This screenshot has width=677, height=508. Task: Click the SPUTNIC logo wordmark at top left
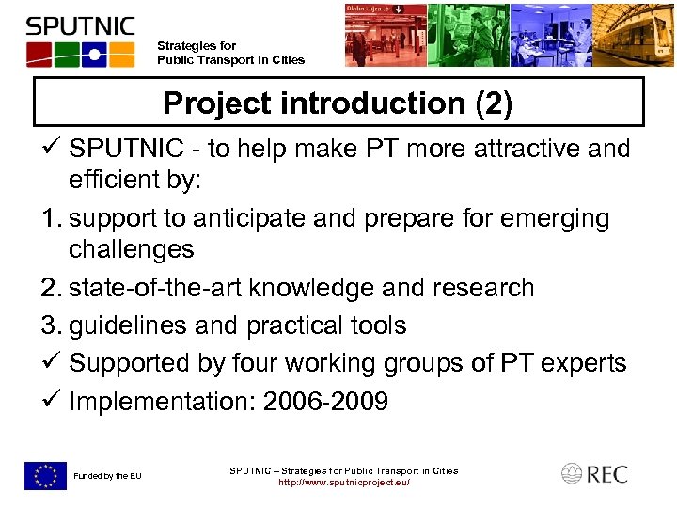pyautogui.click(x=81, y=25)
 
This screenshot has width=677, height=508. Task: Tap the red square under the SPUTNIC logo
pyautogui.click(x=39, y=55)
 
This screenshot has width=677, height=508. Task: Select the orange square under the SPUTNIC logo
pyautogui.click(x=120, y=55)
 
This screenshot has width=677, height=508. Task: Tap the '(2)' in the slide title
pyautogui.click(x=495, y=103)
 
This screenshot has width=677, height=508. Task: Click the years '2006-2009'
pyautogui.click(x=325, y=403)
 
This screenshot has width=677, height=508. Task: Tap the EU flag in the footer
pyautogui.click(x=45, y=476)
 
